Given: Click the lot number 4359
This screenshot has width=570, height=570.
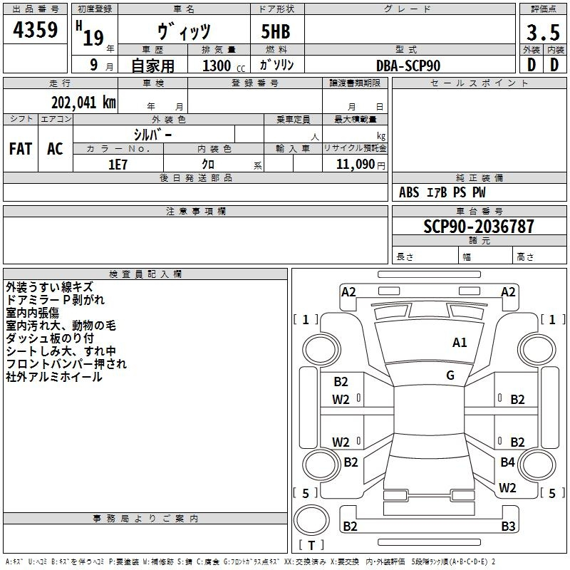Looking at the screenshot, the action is tap(35, 30).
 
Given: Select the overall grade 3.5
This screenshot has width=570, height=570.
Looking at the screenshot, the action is tap(543, 33).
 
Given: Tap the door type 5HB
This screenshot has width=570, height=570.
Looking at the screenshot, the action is tap(276, 31).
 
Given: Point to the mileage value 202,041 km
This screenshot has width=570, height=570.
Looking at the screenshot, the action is tap(83, 103).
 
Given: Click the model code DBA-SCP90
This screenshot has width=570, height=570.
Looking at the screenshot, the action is tap(408, 66).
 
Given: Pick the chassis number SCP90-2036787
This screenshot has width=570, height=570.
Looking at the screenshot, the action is tap(479, 227).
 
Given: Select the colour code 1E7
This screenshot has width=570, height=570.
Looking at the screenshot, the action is tap(118, 165).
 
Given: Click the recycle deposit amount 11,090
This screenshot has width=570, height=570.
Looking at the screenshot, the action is tap(355, 165).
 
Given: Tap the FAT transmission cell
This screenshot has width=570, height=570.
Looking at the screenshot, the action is tap(21, 149).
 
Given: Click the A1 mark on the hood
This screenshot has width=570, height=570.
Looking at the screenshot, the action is tap(460, 343).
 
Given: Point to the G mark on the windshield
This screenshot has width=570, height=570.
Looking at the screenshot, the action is tap(450, 375).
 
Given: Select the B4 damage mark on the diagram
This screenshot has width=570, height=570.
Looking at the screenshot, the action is tap(507, 462).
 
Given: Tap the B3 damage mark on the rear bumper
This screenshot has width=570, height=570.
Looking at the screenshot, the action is tap(508, 526).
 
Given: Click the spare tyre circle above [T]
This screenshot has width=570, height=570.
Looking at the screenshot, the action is tap(311, 520).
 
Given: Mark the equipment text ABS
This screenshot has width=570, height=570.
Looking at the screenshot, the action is tap(409, 192).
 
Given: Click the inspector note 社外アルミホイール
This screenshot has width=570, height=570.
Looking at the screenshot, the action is tap(54, 377).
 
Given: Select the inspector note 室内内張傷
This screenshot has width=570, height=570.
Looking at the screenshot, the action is tap(32, 313).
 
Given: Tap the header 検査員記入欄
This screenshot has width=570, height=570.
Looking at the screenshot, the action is tap(145, 274).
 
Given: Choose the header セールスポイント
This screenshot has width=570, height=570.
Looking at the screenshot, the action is tap(479, 83).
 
